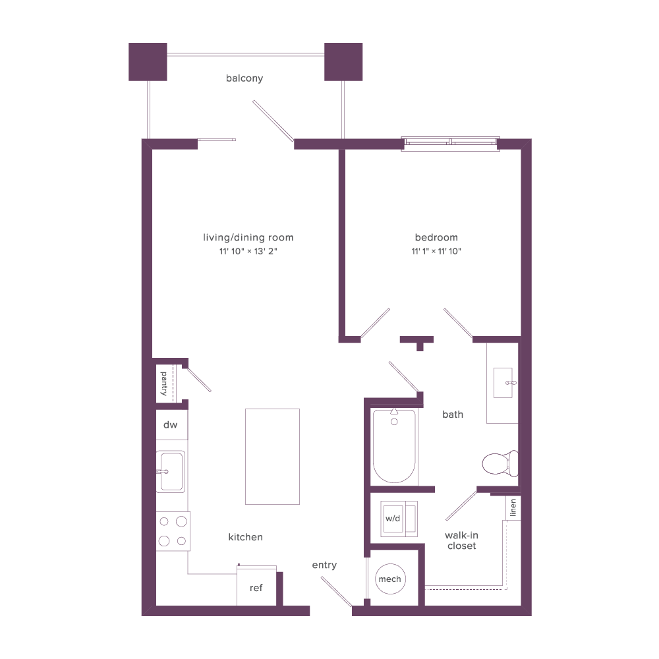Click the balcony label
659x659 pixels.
pyautogui.click(x=244, y=78)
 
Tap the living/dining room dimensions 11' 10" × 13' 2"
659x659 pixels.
pyautogui.click(x=248, y=251)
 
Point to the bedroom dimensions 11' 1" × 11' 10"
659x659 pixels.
pyautogui.click(x=436, y=251)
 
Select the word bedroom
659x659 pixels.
pyautogui.click(x=436, y=237)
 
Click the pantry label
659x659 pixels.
pyautogui.click(x=164, y=384)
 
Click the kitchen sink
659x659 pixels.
pyautogui.click(x=171, y=472)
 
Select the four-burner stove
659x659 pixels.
pyautogui.click(x=173, y=531)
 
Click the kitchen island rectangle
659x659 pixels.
pyautogui.click(x=272, y=457)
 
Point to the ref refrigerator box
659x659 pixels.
pyautogui.click(x=256, y=586)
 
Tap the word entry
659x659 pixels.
pyautogui.click(x=324, y=565)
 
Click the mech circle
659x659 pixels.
pyautogui.click(x=390, y=579)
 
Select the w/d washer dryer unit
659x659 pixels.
pyautogui.click(x=399, y=519)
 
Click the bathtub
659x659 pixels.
pyautogui.click(x=394, y=445)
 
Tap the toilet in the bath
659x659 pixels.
pyautogui.click(x=500, y=463)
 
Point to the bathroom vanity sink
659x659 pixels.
pyautogui.click(x=503, y=383)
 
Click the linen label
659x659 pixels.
pyautogui.click(x=513, y=507)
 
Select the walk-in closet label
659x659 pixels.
pyautogui.click(x=461, y=540)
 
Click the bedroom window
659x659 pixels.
pyautogui.click(x=450, y=144)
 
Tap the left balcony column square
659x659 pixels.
pyautogui.click(x=148, y=62)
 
